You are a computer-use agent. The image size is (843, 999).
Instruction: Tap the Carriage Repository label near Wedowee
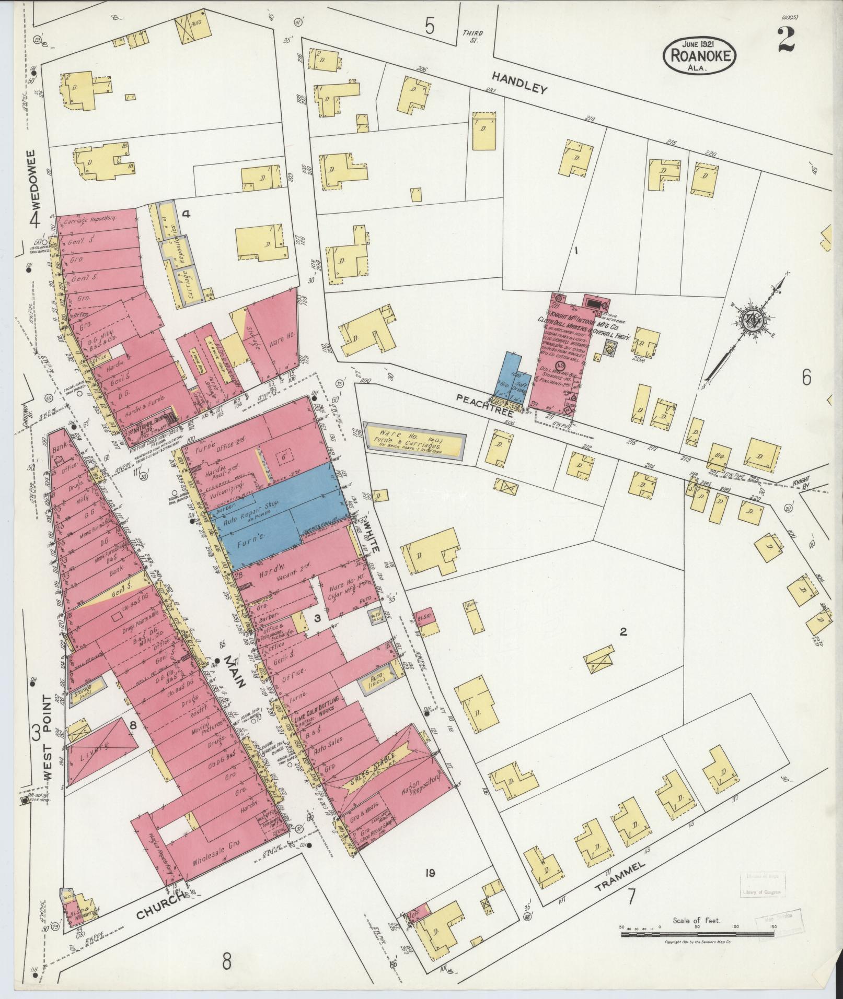click(89, 219)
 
